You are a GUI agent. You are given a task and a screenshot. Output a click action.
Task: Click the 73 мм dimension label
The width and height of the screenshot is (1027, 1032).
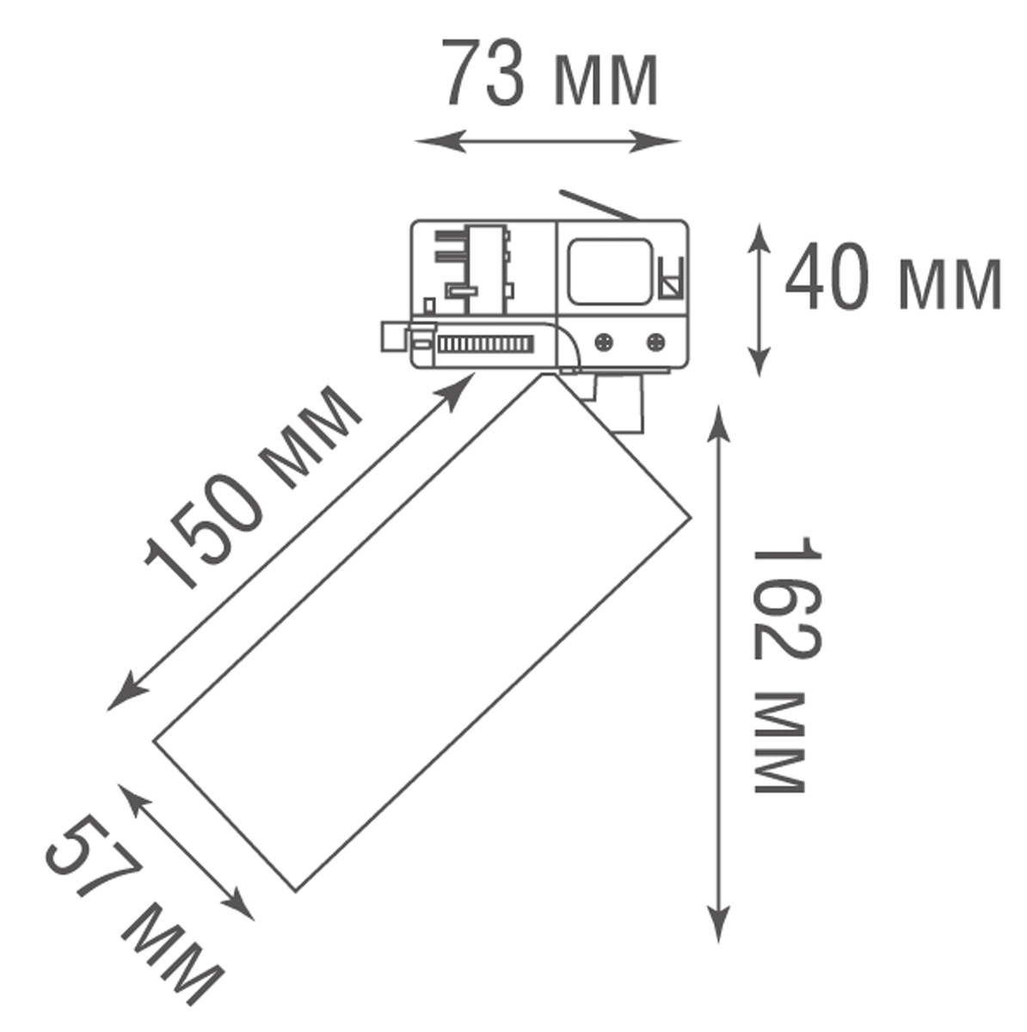point(551,73)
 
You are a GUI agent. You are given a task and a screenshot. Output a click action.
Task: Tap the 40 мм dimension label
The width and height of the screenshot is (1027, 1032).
point(894,276)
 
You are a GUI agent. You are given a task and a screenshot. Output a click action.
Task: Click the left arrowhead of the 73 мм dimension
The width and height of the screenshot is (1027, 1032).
point(441,141)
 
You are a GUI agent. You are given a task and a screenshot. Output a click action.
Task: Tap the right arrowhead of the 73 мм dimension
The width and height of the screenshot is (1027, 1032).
point(655,141)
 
